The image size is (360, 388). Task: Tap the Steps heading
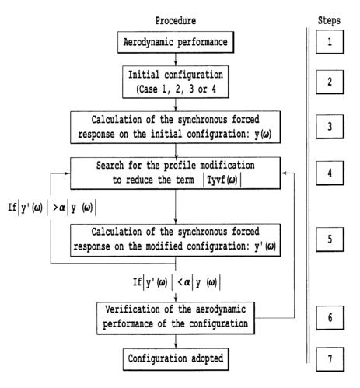tap(329, 18)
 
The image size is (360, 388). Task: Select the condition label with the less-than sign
tap(175, 280)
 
